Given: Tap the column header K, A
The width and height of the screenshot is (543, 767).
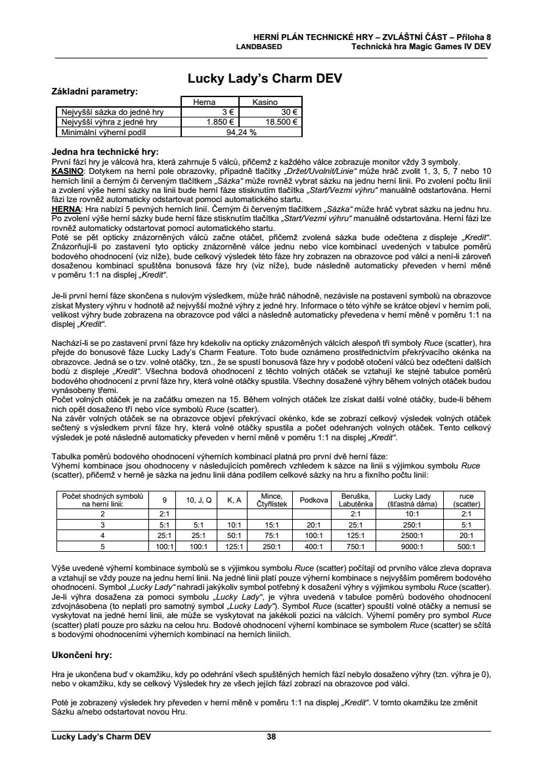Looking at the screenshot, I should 234,500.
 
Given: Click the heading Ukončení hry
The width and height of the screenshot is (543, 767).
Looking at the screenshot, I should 82,655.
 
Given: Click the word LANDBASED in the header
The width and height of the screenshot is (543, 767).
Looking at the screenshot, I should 259,47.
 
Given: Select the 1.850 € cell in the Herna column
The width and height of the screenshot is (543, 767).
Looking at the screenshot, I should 217,122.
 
